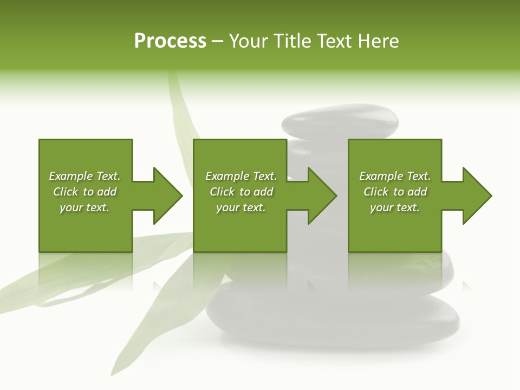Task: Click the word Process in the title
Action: click(170, 41)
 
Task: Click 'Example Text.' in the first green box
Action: click(84, 176)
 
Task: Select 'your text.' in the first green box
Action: click(84, 207)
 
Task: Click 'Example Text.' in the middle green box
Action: click(241, 176)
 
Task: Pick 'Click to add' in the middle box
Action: click(241, 192)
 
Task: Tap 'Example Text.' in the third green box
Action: click(395, 176)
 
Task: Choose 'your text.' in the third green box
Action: click(395, 207)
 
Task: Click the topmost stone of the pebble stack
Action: click(340, 120)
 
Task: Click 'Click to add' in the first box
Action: click(84, 192)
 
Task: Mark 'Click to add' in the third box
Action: click(395, 192)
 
